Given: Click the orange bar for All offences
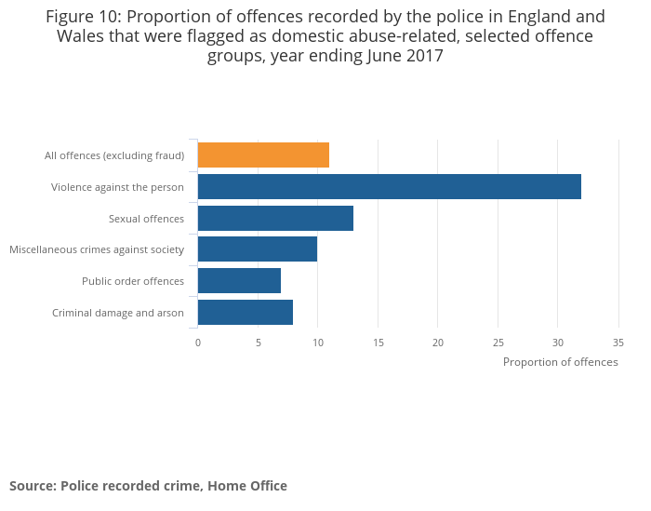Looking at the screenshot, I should pos(263,155).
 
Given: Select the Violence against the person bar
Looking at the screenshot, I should pos(389,187).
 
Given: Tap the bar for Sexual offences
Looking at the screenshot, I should pos(275,219).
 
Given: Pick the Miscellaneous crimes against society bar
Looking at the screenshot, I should pos(258,249).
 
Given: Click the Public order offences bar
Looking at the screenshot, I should pos(239,281).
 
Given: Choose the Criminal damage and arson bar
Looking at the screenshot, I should pos(246,313).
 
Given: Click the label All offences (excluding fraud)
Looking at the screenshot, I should pos(114,155).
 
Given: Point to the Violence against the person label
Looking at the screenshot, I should pos(117,187).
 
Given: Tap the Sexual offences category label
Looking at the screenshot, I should pos(146,219).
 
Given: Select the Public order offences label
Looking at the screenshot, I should pos(133,281).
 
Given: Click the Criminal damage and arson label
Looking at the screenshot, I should pos(118,313).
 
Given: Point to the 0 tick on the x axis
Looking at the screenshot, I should pos(198,343).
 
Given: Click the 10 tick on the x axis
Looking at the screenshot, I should pos(317,343).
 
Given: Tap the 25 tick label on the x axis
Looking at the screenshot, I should pos(498,343).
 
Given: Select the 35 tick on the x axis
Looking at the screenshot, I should pos(618,343).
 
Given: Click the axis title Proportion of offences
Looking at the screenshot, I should pos(560,362).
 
